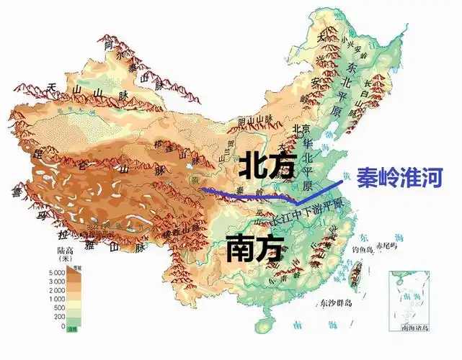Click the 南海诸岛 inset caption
pos(409,328)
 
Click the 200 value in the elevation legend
pos(58,316)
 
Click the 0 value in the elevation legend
pos(63,325)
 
